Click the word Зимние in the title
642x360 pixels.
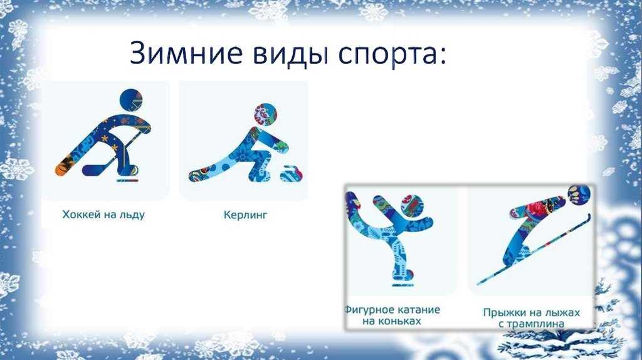point(186,53)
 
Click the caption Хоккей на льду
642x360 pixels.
point(103,214)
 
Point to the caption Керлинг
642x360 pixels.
point(245,214)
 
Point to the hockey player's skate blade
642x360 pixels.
point(127,179)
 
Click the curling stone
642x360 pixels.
point(292,174)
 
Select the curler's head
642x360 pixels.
point(265,115)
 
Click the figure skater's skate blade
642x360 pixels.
point(403,284)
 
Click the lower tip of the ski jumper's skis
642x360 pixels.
point(478,284)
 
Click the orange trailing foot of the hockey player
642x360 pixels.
point(64,168)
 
